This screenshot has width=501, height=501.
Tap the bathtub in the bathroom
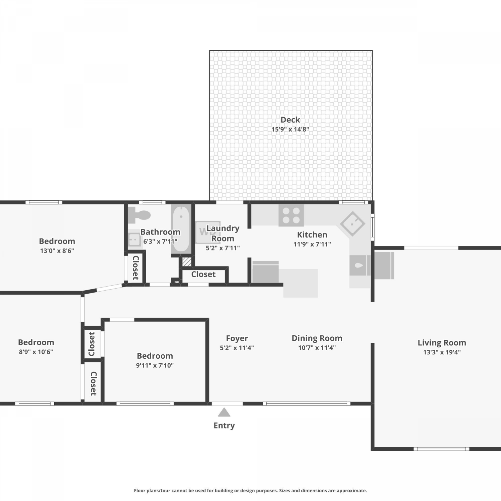(x=181, y=229)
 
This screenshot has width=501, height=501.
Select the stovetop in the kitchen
(x=291, y=215)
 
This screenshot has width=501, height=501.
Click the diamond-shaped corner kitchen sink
(x=352, y=223)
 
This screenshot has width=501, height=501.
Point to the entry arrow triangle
(x=224, y=412)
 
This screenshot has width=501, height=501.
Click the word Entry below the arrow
(x=224, y=426)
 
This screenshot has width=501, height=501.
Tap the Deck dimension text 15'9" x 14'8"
(x=290, y=129)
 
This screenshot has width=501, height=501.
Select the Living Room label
(x=442, y=343)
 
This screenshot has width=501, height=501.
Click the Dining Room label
(x=317, y=338)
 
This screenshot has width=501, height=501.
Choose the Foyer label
(x=237, y=338)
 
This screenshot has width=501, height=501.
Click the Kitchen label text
(x=312, y=234)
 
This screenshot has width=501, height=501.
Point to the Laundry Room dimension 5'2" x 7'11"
(x=223, y=248)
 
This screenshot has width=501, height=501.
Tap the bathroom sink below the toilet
(x=134, y=239)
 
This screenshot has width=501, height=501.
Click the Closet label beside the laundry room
(x=203, y=274)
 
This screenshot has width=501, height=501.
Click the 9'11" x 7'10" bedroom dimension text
(x=155, y=365)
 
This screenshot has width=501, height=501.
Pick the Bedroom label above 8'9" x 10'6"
(x=36, y=342)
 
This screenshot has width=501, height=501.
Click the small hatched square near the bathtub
(x=187, y=262)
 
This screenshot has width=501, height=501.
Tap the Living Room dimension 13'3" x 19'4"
(x=442, y=352)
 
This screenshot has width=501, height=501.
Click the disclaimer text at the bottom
(x=251, y=491)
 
